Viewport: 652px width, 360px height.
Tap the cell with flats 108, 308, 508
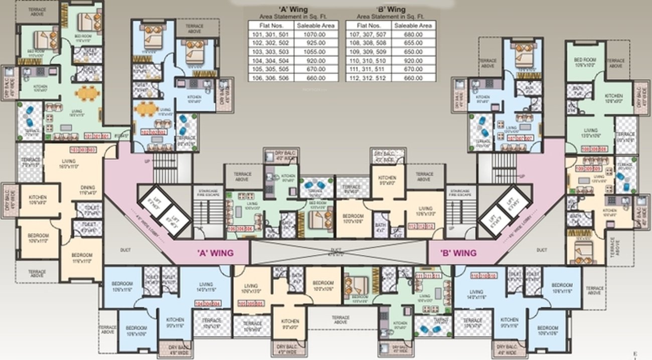(x=368, y=43)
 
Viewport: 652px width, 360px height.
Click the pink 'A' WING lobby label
(x=215, y=253)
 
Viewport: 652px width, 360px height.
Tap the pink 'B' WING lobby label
(x=458, y=253)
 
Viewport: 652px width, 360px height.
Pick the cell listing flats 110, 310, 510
(x=368, y=61)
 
